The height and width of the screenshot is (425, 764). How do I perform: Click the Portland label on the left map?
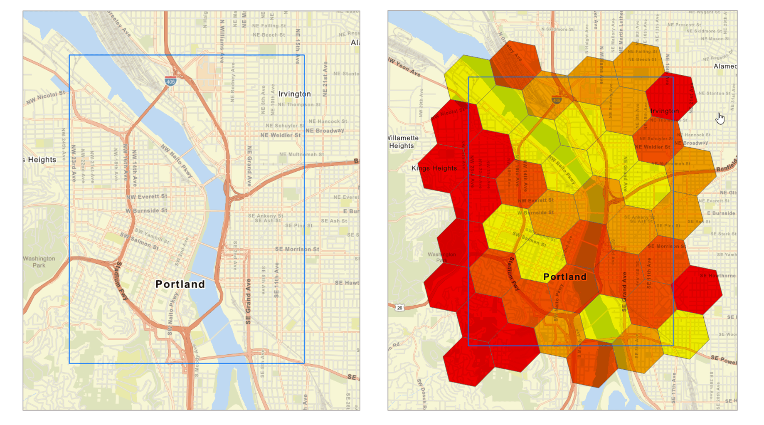pyautogui.click(x=180, y=284)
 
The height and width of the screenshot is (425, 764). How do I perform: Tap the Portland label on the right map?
pyautogui.click(x=565, y=277)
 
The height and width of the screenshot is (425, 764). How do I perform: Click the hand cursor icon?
pyautogui.click(x=720, y=119)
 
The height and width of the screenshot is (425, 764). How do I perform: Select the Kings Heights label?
pyautogui.click(x=434, y=168)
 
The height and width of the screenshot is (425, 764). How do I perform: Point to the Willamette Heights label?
pyautogui.click(x=403, y=142)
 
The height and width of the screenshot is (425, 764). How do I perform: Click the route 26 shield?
pyautogui.click(x=399, y=308)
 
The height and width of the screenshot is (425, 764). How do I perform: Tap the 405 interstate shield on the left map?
pyautogui.click(x=170, y=82)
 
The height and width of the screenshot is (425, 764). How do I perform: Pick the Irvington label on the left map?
pyautogui.click(x=294, y=94)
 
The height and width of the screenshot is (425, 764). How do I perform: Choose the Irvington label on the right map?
pyautogui.click(x=664, y=111)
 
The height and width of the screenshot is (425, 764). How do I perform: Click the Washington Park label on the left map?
pyautogui.click(x=39, y=262)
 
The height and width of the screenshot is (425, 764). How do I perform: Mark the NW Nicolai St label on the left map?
pyautogui.click(x=46, y=97)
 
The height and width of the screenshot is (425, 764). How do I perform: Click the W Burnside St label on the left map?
pyautogui.click(x=147, y=211)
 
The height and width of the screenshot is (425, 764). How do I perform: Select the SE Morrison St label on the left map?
pyautogui.click(x=297, y=249)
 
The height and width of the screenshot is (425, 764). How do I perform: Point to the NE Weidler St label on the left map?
pyautogui.click(x=280, y=135)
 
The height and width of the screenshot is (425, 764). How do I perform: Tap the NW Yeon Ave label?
pyautogui.click(x=404, y=67)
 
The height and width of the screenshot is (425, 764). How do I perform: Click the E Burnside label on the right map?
pyautogui.click(x=721, y=213)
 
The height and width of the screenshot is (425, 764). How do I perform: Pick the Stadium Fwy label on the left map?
pyautogui.click(x=121, y=281)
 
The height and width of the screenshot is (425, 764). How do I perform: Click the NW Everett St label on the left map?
pyautogui.click(x=147, y=196)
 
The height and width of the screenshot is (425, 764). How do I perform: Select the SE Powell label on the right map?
pyautogui.click(x=723, y=360)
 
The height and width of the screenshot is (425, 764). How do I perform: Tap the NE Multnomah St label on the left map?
pyautogui.click(x=301, y=154)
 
